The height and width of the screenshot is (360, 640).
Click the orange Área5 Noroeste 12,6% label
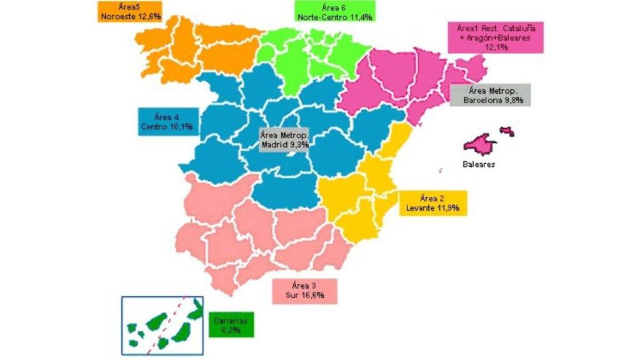(129, 12)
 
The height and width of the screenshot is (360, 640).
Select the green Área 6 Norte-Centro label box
(334, 12)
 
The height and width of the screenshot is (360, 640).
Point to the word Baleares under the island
(479, 165)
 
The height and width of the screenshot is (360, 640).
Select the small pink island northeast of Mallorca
(507, 131)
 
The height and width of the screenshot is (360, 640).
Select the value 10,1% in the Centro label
(181, 127)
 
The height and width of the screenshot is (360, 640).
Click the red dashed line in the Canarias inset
(166, 325)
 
